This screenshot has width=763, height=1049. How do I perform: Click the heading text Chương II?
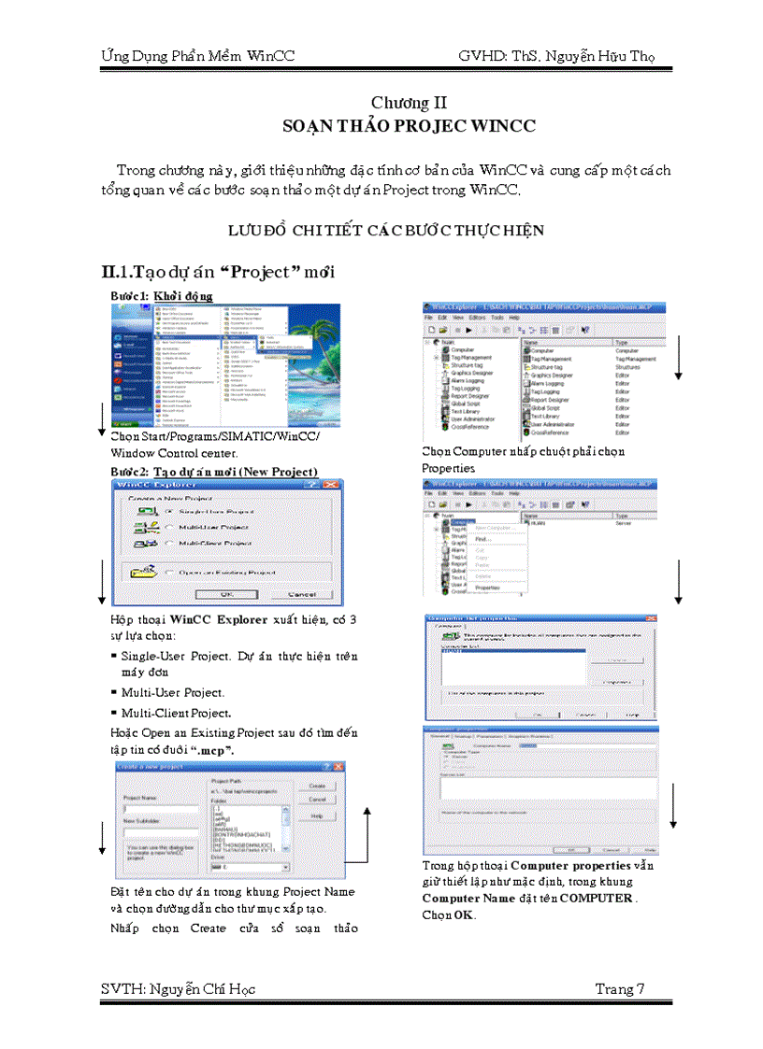[x=401, y=102]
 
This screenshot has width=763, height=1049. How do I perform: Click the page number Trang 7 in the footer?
[x=620, y=989]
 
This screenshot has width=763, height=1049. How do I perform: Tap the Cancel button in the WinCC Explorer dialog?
[x=302, y=593]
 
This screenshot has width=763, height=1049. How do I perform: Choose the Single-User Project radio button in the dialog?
[x=168, y=512]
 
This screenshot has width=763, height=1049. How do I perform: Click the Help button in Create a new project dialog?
[x=317, y=815]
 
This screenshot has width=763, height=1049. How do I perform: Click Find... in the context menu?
[x=482, y=539]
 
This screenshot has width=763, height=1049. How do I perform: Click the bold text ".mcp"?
[x=214, y=749]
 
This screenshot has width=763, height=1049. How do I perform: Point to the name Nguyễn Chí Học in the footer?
[x=202, y=989]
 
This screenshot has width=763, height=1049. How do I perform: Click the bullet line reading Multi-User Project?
[x=173, y=692]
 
